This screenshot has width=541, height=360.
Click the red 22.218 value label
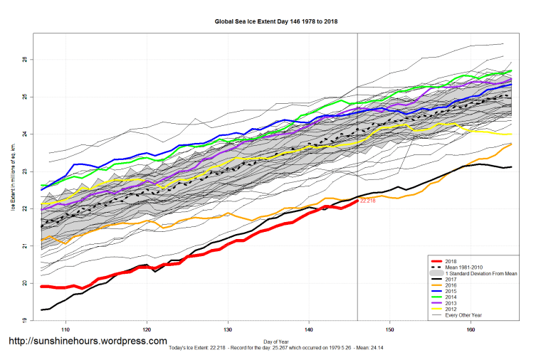pyautogui.click(x=368, y=201)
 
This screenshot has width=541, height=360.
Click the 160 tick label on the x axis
pyautogui.click(x=471, y=329)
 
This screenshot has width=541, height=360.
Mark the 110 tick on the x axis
pyautogui.click(x=65, y=329)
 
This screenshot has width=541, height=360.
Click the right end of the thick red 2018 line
pyautogui.click(x=357, y=201)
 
